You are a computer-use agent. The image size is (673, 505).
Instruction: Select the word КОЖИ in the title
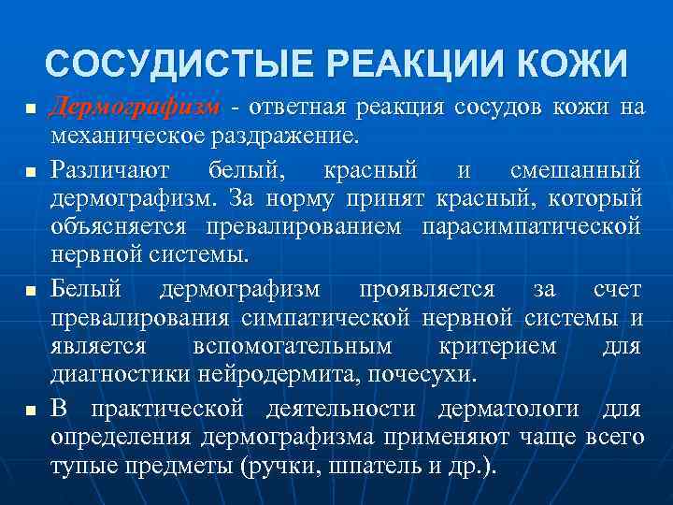[x=574, y=65]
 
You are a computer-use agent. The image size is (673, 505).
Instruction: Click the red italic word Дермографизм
[x=135, y=108]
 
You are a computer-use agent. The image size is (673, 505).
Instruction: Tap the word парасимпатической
[x=531, y=226]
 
